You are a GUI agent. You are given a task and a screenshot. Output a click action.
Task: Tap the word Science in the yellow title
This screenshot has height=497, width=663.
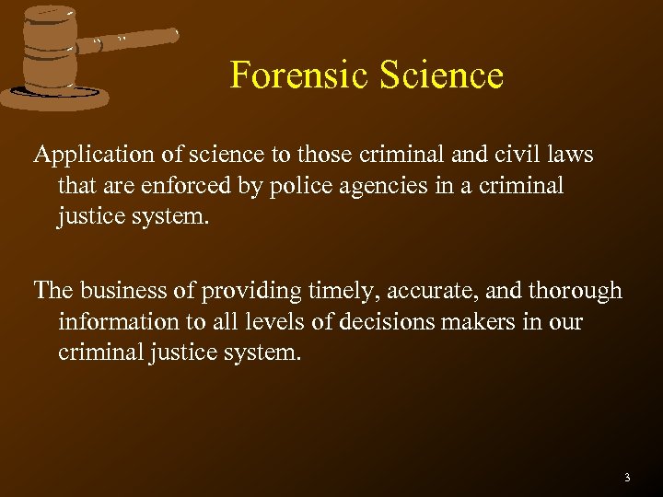(x=437, y=75)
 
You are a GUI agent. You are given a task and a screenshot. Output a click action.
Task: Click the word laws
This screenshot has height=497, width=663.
(x=572, y=155)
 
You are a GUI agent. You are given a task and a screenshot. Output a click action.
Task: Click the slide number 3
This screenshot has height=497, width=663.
(x=627, y=477)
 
